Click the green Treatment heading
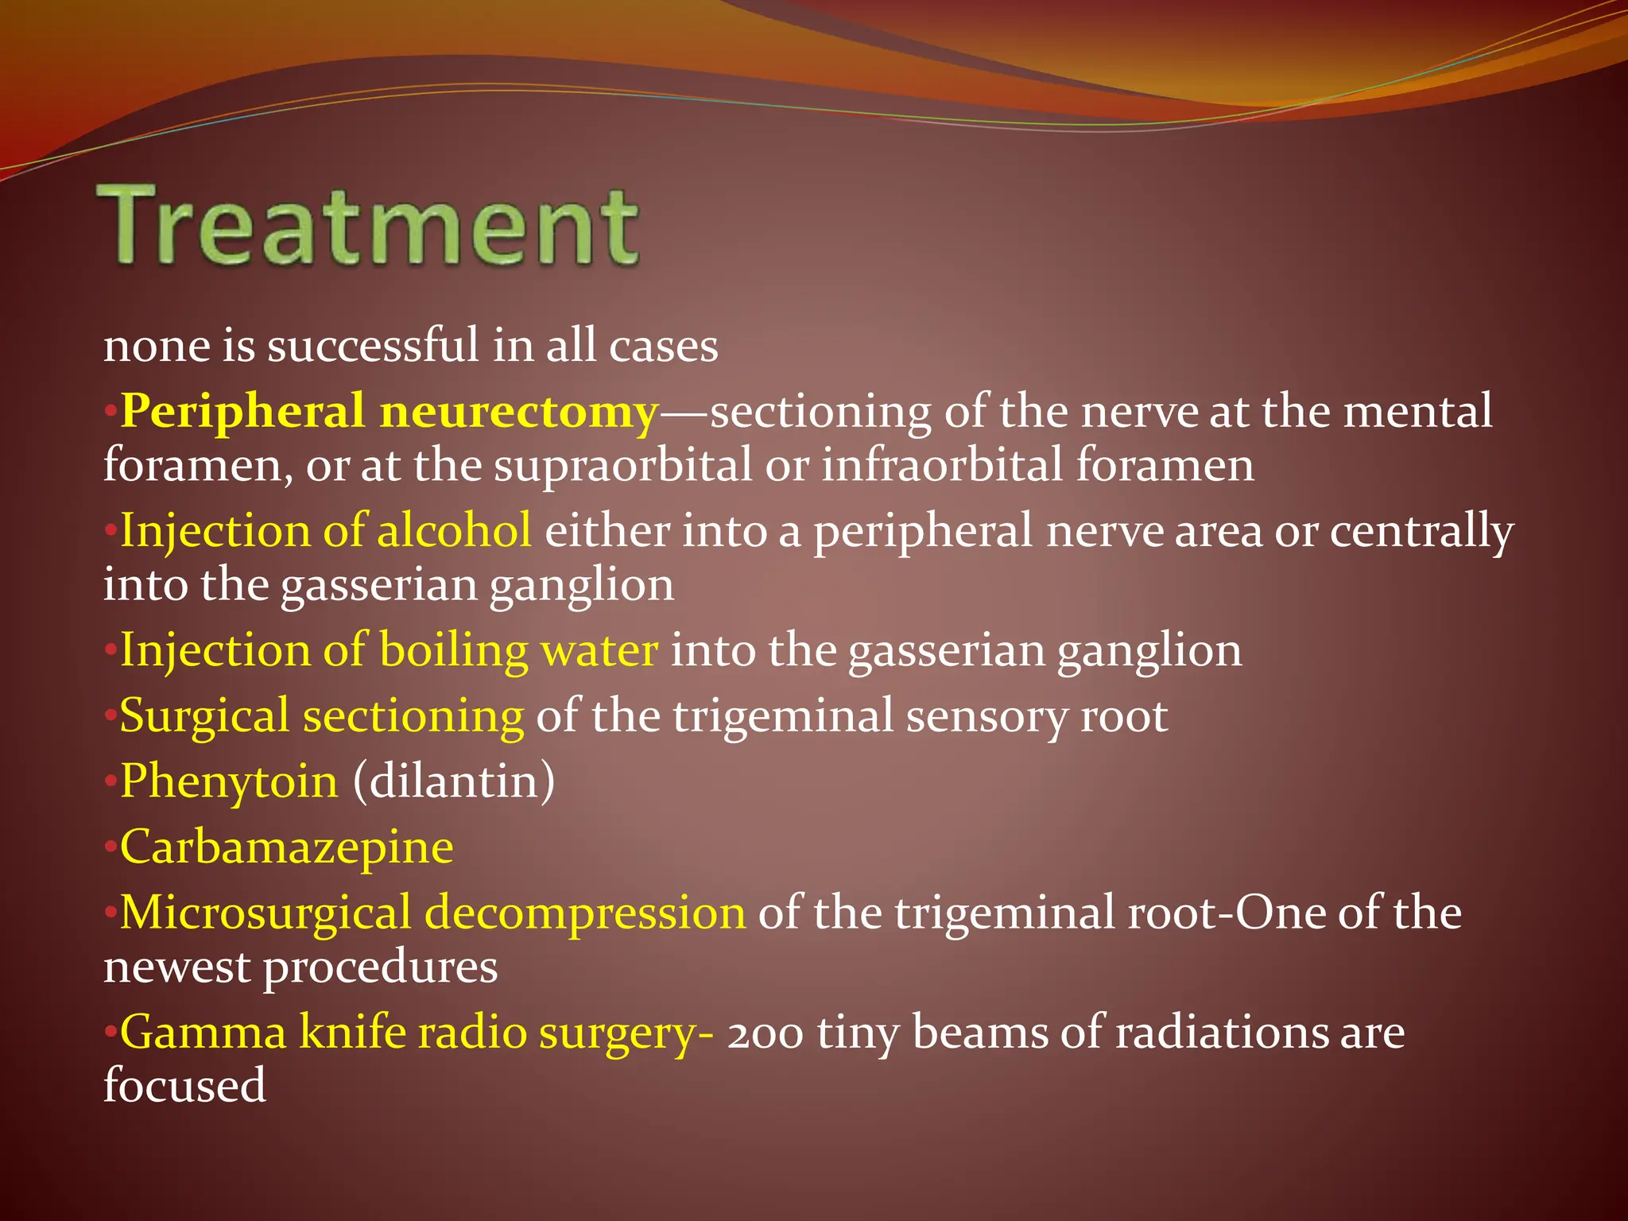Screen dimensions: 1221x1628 coord(367,226)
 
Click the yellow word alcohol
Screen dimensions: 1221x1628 coord(454,531)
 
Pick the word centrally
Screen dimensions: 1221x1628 coord(1422,531)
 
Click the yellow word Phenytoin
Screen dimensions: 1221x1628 coord(230,782)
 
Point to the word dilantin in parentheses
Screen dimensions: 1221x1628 coord(454,782)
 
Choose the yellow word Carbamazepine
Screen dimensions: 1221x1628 coord(287,847)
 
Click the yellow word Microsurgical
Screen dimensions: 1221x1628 coord(266,913)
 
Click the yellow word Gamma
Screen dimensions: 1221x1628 coord(203,1033)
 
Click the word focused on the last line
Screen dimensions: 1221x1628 coord(184,1086)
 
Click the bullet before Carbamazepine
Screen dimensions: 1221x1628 coord(110,847)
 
